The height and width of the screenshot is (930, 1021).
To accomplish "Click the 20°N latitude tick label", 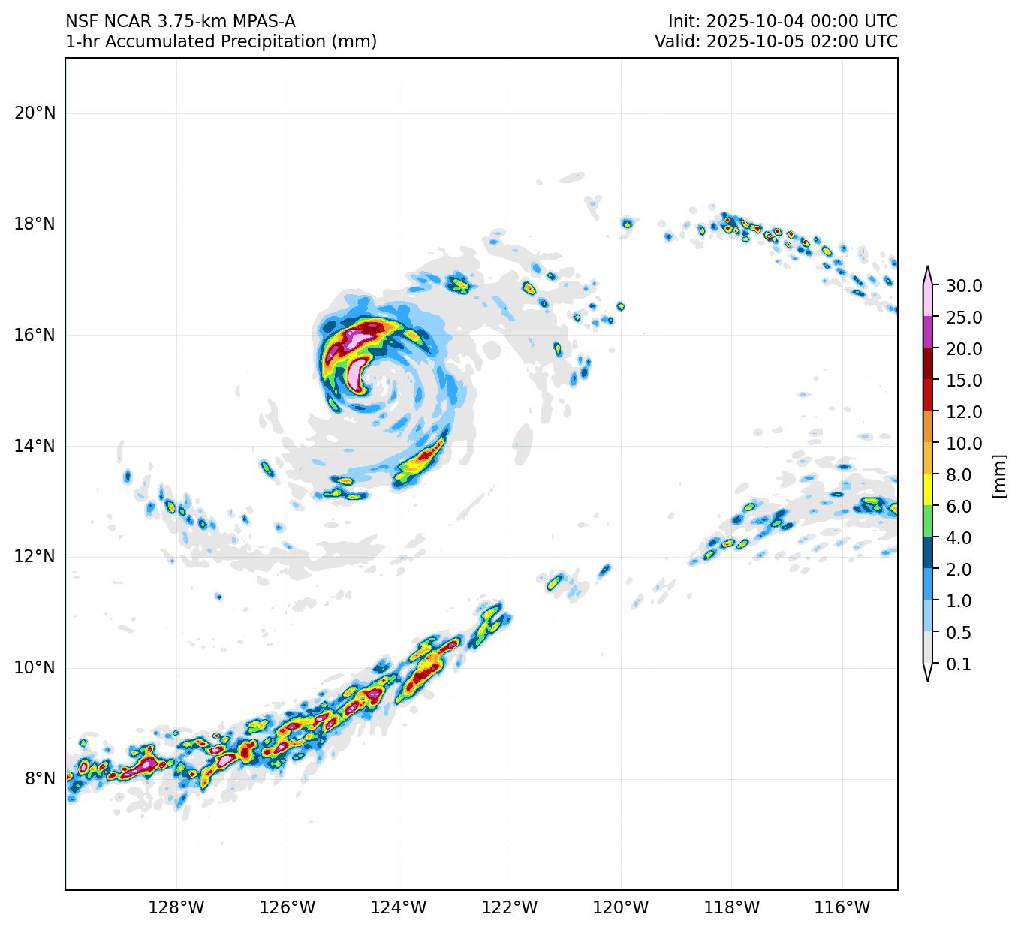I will pyautogui.click(x=35, y=113).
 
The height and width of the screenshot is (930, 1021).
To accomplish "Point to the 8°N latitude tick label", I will pyautogui.click(x=35, y=778).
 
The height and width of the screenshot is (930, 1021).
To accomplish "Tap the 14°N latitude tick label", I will pyautogui.click(x=35, y=446).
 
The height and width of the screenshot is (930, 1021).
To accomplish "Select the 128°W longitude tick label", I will pyautogui.click(x=176, y=908).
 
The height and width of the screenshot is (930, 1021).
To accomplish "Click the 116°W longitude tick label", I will pyautogui.click(x=842, y=908).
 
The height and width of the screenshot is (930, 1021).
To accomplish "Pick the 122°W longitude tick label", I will pyautogui.click(x=510, y=908).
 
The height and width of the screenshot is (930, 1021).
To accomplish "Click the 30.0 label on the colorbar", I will pyautogui.click(x=964, y=286).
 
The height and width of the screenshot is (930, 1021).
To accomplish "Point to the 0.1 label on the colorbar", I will pyautogui.click(x=959, y=664).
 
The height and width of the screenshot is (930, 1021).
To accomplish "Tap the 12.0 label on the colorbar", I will pyautogui.click(x=964, y=412).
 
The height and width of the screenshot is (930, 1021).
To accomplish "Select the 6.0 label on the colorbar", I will pyautogui.click(x=959, y=507).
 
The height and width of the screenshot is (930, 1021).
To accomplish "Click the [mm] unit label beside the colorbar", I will pyautogui.click(x=998, y=475).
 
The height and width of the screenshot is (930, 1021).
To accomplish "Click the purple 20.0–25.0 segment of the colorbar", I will pyautogui.click(x=928, y=333).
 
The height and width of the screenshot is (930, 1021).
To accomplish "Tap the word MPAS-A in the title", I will pyautogui.click(x=263, y=21).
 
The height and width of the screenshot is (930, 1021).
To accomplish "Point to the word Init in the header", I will pyautogui.click(x=682, y=21).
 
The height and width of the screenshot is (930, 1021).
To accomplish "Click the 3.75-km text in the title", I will pyautogui.click(x=189, y=21).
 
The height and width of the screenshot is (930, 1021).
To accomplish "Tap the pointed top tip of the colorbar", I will pyautogui.click(x=928, y=268).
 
